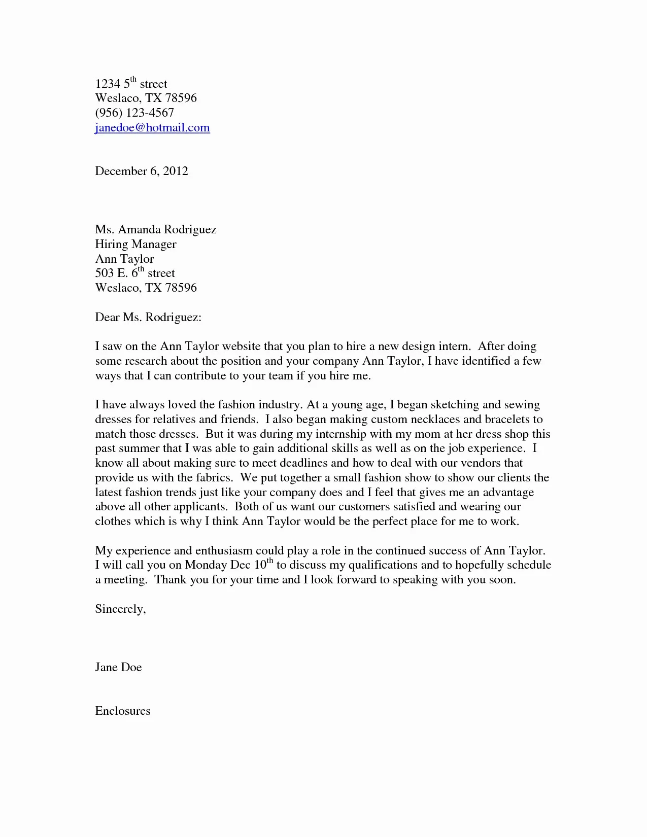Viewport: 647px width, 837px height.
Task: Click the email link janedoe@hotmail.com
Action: (x=152, y=128)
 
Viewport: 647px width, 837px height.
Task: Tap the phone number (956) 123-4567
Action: (x=134, y=113)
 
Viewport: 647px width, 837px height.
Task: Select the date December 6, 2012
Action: (x=142, y=171)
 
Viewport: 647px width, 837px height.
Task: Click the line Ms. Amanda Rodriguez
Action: (x=156, y=230)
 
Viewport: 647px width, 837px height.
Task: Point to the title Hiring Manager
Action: (x=135, y=245)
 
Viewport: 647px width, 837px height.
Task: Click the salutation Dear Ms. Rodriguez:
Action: (x=148, y=318)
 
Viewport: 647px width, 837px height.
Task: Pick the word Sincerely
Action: (x=120, y=609)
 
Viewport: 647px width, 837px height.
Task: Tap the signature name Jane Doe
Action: (x=118, y=667)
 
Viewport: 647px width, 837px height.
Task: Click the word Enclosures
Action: (x=123, y=711)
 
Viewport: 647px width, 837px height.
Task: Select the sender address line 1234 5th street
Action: (x=131, y=84)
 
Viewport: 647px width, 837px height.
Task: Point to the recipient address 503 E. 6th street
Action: (x=135, y=273)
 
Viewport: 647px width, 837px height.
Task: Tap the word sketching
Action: (x=454, y=405)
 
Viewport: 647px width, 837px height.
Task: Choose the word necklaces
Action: (x=433, y=420)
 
